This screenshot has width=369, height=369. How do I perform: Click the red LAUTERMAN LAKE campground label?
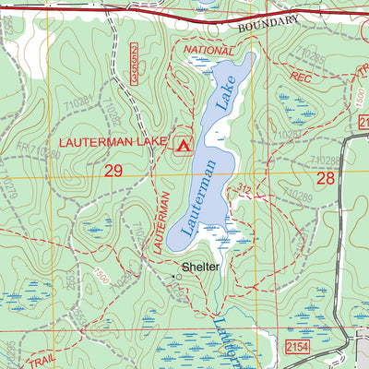click(x=113, y=143)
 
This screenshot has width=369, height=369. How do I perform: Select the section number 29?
click(x=113, y=171)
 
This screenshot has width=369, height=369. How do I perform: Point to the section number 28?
click(x=325, y=178)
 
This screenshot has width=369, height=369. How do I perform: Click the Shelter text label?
click(x=200, y=268)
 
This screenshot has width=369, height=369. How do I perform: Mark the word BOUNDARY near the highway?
click(x=268, y=24)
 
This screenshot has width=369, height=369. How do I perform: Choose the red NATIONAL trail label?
click(x=209, y=50)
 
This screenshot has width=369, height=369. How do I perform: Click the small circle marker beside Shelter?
click(x=174, y=274)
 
